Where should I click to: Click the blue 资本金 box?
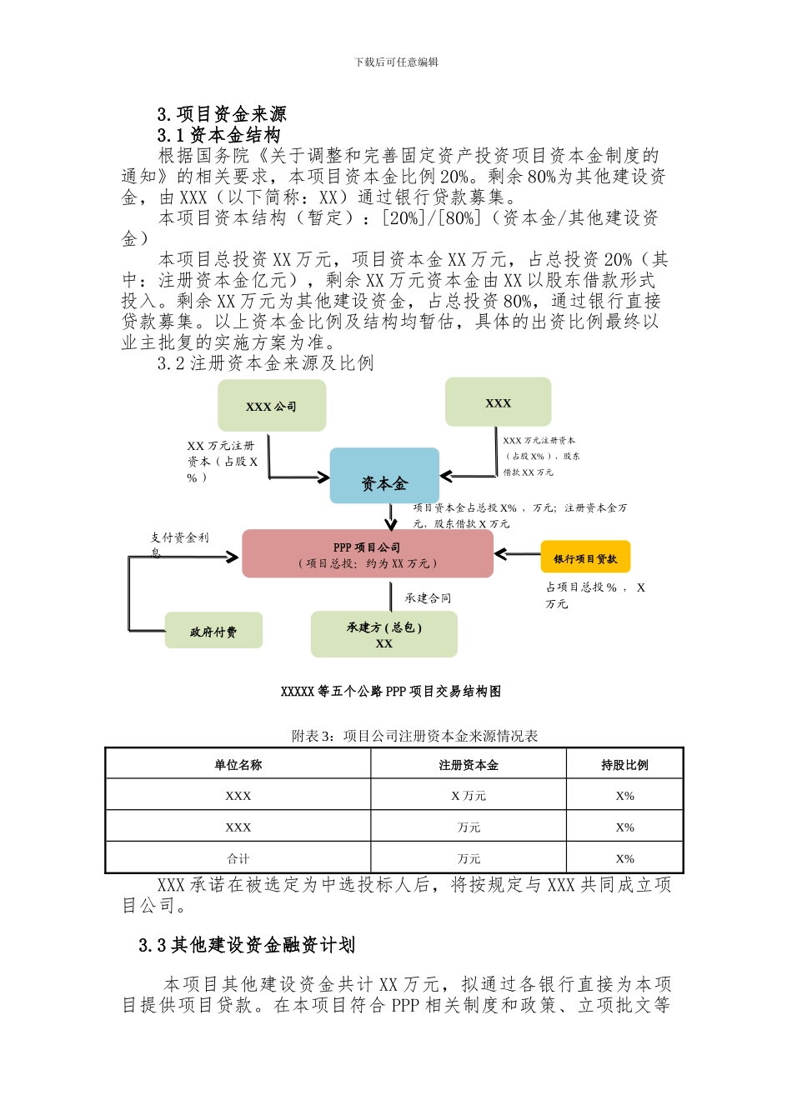384,476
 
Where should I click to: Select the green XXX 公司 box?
272,406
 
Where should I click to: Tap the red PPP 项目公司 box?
367,554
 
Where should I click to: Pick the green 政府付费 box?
213,631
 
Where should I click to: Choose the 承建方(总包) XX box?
383,635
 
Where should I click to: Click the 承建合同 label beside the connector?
428,597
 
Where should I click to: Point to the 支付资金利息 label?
179,543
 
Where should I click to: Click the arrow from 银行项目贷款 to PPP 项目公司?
517,553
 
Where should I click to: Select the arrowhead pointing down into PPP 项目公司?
391,524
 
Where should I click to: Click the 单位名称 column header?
238,764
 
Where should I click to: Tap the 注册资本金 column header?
469,764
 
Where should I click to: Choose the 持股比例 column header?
624,764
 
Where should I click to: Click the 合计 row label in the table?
238,858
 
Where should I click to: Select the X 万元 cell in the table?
469,796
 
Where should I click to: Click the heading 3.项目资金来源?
222,114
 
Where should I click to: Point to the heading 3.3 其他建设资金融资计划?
247,945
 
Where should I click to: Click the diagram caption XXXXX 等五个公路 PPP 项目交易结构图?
391,691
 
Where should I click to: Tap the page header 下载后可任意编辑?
396,62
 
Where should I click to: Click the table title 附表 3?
414,736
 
